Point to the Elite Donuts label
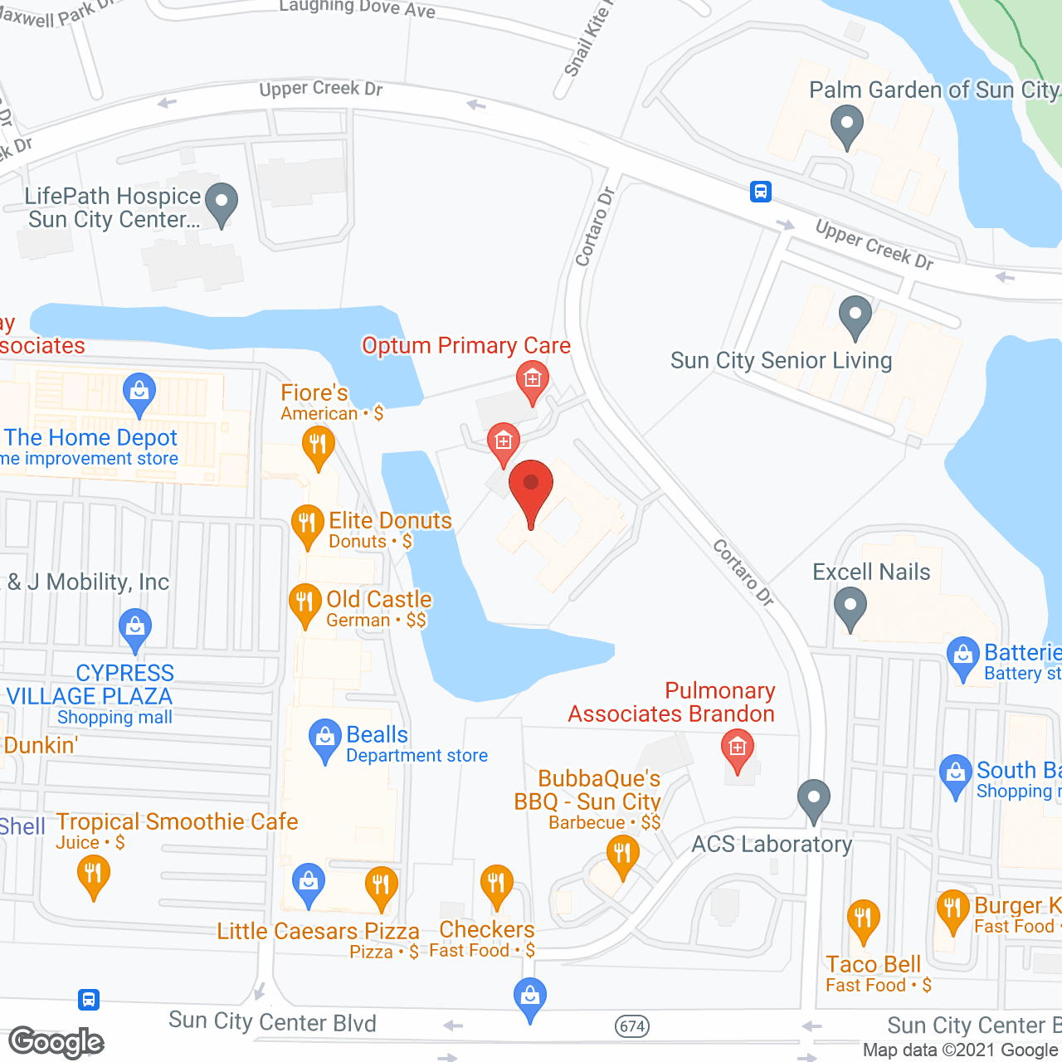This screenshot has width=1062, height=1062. pos(390,521)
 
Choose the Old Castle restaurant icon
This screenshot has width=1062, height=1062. pos(305,603)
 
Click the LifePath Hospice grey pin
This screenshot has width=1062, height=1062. pos(222,202)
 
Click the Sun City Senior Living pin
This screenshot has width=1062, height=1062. pos(855,316)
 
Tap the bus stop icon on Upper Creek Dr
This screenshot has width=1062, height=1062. pos(761,192)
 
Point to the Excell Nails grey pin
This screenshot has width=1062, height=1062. pos(850,607)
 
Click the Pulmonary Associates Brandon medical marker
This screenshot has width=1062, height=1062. pos(737,749)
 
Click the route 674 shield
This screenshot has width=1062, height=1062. pos(632,1026)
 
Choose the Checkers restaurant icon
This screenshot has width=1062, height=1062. pos(496,884)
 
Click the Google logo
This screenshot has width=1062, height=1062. pos(56,1042)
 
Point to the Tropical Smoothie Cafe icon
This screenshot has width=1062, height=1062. pos(93,875)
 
